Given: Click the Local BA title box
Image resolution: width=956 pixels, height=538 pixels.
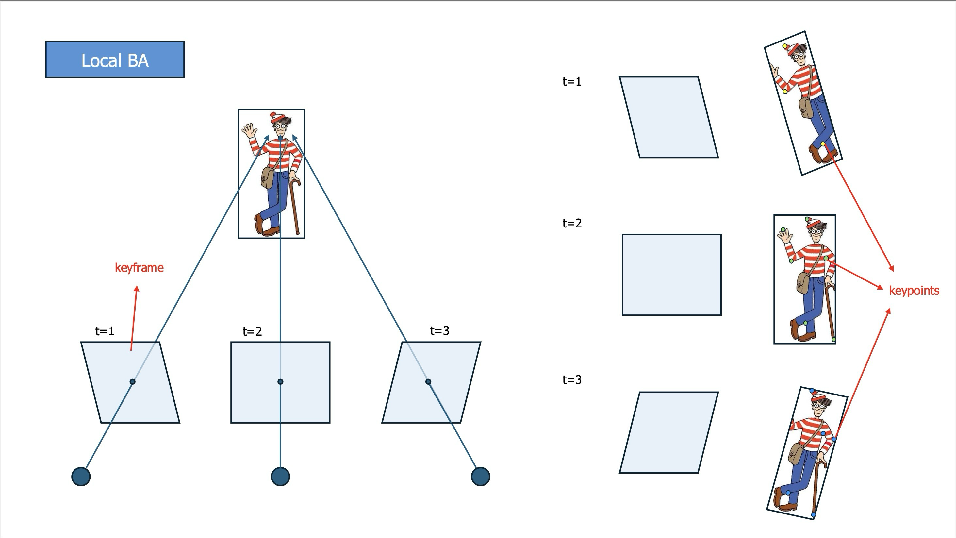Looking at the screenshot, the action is click(115, 60).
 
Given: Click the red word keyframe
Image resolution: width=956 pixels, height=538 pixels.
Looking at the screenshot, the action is click(139, 268).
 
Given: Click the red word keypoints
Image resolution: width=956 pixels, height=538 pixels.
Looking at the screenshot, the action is click(914, 291).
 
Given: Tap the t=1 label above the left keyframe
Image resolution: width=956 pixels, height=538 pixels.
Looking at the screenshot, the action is click(105, 331).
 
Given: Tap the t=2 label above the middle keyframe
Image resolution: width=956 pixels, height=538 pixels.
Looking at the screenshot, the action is click(252, 331).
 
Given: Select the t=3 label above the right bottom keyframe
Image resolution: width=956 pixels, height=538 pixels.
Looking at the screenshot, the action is click(440, 330).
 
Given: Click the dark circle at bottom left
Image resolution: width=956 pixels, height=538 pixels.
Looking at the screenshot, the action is click(81, 476).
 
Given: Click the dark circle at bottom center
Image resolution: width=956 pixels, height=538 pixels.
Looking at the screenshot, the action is click(281, 476).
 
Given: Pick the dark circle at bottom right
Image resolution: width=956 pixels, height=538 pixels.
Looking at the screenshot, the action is click(481, 476).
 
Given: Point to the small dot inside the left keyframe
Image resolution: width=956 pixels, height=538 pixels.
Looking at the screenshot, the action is click(133, 382).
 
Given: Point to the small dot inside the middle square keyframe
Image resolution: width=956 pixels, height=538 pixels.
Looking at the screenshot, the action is click(281, 382).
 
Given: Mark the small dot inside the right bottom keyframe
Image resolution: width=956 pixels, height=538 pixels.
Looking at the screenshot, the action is click(428, 382).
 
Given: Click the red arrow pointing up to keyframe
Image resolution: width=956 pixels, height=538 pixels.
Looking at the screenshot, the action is click(134, 318).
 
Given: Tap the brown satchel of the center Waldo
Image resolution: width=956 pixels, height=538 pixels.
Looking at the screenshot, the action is click(268, 177).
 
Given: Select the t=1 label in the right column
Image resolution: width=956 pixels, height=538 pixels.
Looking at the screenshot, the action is click(572, 81).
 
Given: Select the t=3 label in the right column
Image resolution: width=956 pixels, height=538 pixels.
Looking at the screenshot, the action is click(572, 380).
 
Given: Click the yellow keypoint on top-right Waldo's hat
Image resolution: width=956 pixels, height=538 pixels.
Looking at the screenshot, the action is click(785, 46).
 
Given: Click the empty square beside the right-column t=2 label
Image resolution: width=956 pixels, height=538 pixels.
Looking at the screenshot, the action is click(672, 275).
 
